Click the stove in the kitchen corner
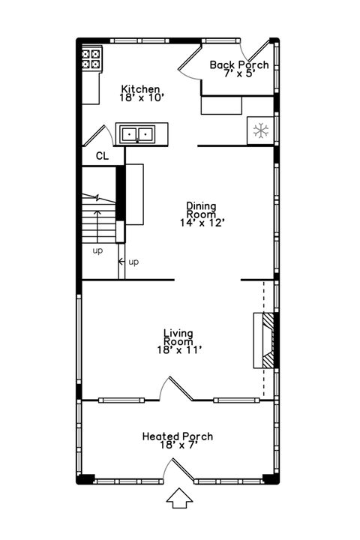(91, 59)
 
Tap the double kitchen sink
(136, 134)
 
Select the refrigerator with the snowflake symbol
(260, 131)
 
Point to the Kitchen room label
(141, 89)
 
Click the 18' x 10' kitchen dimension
(141, 97)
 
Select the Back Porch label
(238, 65)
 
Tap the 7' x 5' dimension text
(238, 74)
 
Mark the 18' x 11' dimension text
(178, 349)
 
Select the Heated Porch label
(178, 436)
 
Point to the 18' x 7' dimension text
(178, 445)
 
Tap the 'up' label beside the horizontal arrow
(133, 262)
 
